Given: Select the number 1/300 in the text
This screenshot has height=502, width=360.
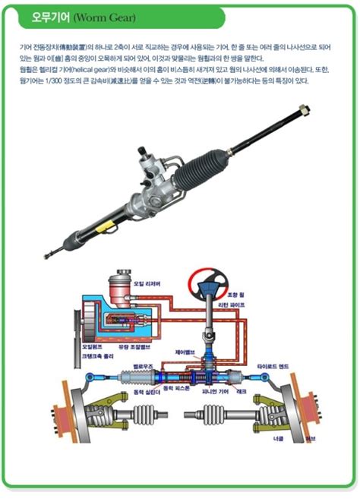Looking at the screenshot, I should pos(63,81).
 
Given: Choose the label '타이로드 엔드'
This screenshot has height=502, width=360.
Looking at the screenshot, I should pos(273,365).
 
